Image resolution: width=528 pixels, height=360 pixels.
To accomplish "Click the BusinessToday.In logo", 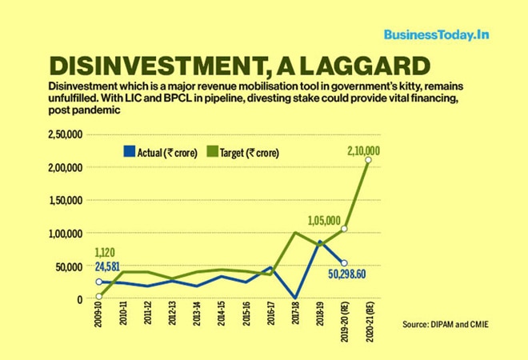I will [437, 35].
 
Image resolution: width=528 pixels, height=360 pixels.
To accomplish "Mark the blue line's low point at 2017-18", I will [295, 298].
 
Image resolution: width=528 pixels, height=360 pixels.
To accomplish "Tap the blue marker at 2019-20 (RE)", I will [344, 263].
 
